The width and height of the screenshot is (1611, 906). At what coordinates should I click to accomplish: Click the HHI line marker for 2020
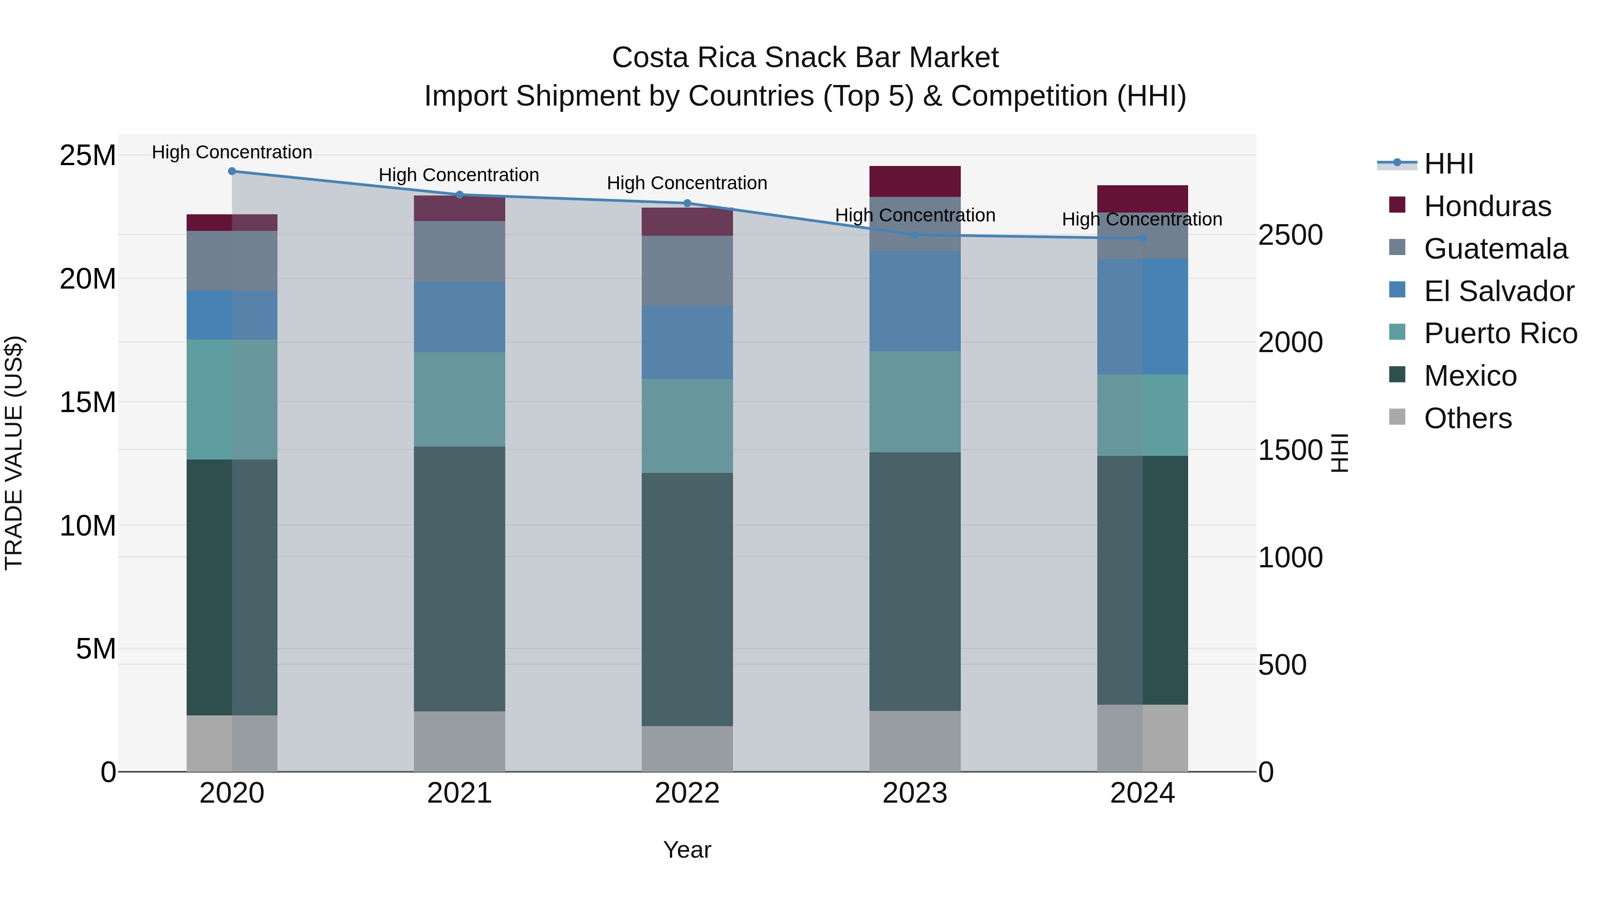pos(232,171)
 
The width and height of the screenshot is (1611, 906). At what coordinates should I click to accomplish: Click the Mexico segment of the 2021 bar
pos(459,578)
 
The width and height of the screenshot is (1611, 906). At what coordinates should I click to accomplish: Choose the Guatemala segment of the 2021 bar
pos(459,251)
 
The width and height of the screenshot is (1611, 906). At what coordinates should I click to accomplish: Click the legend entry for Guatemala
pos(1495,249)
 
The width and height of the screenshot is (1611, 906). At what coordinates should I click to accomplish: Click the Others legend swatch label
pos(1467,418)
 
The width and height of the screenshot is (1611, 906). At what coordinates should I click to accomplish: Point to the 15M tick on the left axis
pos(88,403)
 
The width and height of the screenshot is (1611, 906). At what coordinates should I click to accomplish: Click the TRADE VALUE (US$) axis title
pos(14,453)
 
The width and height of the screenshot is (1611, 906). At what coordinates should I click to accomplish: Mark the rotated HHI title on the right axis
pos(1338,453)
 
